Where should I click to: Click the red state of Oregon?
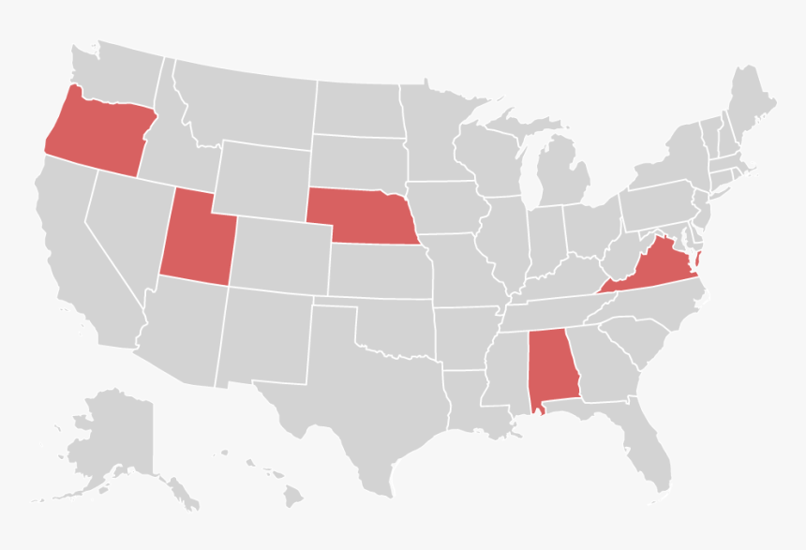point(98,131)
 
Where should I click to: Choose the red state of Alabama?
point(551,370)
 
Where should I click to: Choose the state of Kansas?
point(380,272)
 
